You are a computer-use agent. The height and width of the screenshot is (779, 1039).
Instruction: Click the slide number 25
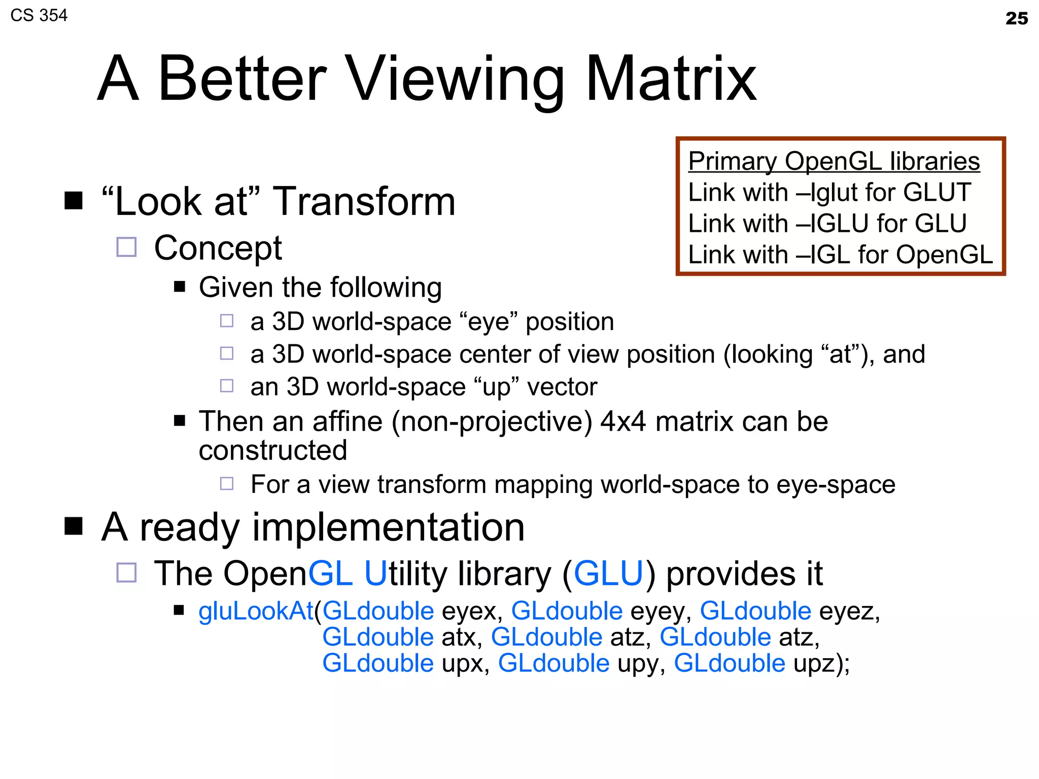pyautogui.click(x=1016, y=19)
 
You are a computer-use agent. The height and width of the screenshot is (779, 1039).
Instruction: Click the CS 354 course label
pyautogui.click(x=39, y=16)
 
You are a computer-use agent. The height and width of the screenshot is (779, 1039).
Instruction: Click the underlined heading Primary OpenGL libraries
pyautogui.click(x=834, y=161)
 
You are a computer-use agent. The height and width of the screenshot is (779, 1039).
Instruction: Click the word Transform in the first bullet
pyautogui.click(x=364, y=202)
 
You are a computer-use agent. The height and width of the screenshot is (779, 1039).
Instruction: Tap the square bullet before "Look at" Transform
pyautogui.click(x=74, y=201)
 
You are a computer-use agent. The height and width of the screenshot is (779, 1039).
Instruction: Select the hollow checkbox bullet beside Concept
pyautogui.click(x=126, y=247)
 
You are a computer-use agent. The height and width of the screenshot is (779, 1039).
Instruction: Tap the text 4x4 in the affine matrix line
pyautogui.click(x=624, y=421)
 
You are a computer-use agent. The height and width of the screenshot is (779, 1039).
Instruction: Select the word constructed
pyautogui.click(x=273, y=450)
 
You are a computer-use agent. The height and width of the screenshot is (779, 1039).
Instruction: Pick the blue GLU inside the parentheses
pyautogui.click(x=608, y=574)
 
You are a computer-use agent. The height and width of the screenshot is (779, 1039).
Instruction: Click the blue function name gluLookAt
pyautogui.click(x=256, y=611)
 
